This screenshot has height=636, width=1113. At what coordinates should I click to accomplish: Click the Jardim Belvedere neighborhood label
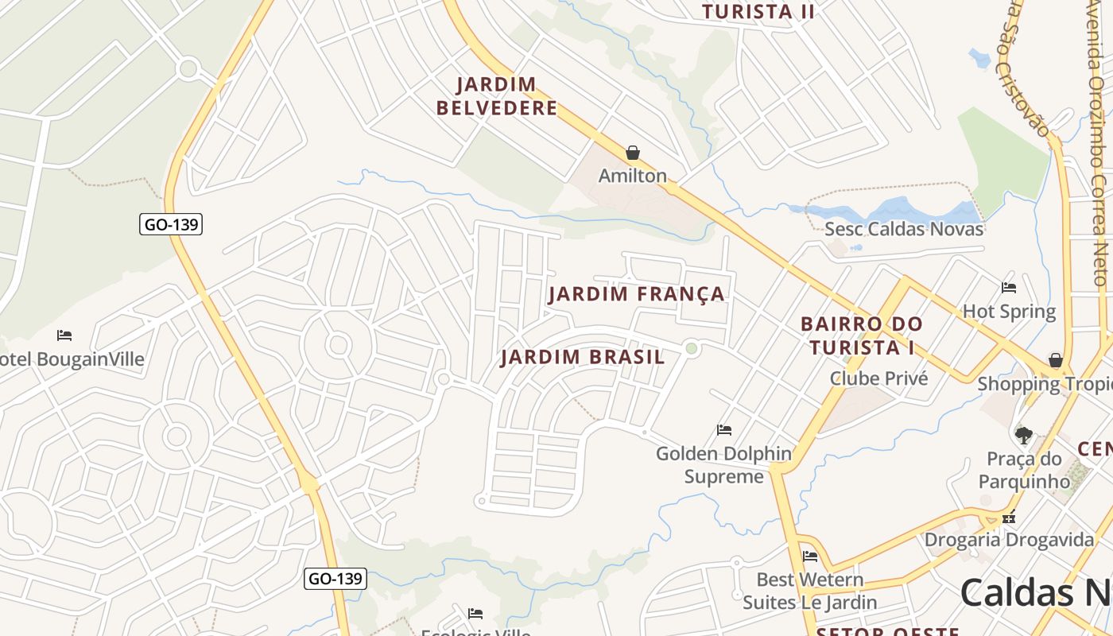tap(497, 96)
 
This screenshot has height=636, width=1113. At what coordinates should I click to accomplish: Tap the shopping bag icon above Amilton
tap(633, 152)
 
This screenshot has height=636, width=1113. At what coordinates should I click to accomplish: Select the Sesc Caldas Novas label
tap(904, 229)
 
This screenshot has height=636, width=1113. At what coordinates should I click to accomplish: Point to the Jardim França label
tap(637, 294)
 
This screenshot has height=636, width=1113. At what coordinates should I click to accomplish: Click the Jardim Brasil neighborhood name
tap(583, 357)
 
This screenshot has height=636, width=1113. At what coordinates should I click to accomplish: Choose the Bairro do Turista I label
tap(862, 335)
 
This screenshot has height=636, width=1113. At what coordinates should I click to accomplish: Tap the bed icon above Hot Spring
tap(1009, 287)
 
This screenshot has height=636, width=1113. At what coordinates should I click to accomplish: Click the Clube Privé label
tap(878, 378)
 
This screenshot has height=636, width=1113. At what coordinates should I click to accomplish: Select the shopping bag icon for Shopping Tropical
tap(1055, 360)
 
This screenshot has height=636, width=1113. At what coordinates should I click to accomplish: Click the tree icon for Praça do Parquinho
tap(1024, 435)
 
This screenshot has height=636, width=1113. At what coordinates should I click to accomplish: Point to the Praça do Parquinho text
tap(1024, 470)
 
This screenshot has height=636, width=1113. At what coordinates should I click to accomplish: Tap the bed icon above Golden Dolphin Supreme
tap(723, 429)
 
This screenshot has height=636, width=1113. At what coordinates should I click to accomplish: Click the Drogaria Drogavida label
tap(1009, 540)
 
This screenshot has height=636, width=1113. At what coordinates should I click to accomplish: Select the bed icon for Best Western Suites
tap(810, 556)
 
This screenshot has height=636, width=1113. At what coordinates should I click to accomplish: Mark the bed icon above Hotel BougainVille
tap(64, 335)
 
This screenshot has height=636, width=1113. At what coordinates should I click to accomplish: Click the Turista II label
tap(758, 11)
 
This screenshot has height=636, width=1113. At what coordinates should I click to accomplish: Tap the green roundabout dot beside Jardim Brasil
tap(692, 348)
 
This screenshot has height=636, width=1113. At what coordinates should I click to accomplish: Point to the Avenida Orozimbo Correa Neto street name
tap(1098, 143)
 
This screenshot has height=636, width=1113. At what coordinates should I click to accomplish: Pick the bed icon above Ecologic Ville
tap(475, 613)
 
